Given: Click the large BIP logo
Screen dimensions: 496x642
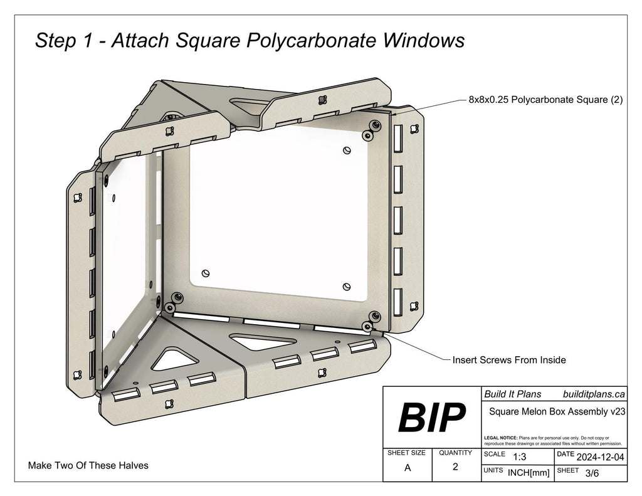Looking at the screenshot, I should tap(432, 417).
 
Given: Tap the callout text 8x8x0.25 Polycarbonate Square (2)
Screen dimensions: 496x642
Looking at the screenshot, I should tap(545, 100).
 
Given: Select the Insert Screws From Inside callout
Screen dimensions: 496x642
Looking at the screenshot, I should tap(509, 360).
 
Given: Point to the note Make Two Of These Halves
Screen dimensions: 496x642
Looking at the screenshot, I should tap(88, 465).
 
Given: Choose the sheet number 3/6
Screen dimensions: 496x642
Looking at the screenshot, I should tap(591, 473).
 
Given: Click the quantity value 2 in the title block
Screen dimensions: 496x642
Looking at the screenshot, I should tap(455, 467).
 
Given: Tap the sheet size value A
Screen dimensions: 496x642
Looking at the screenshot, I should tap(408, 467).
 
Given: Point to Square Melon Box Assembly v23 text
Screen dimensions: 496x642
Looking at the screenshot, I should tap(554, 411).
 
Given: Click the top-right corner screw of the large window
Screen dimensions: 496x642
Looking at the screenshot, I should tap(374, 125).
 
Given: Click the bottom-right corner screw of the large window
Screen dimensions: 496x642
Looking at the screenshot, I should tap(374, 315).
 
